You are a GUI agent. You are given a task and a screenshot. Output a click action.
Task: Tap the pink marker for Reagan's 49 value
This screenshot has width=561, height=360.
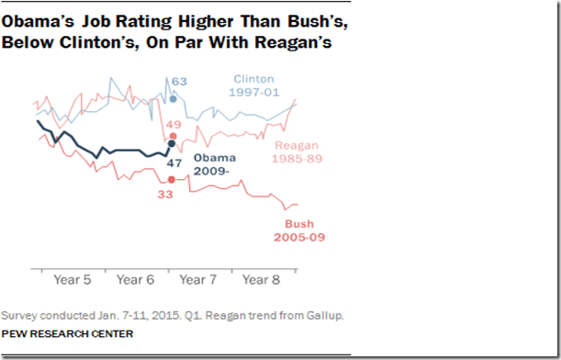(x=172, y=136)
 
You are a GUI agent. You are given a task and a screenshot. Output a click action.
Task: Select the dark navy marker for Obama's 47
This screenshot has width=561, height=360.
(x=172, y=143)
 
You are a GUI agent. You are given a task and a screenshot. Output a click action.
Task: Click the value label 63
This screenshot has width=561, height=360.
(x=179, y=82)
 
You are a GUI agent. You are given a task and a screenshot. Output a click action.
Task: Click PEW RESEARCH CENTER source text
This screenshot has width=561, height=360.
(x=66, y=332)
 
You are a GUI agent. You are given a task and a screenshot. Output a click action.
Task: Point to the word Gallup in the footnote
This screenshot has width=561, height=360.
(x=324, y=316)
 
